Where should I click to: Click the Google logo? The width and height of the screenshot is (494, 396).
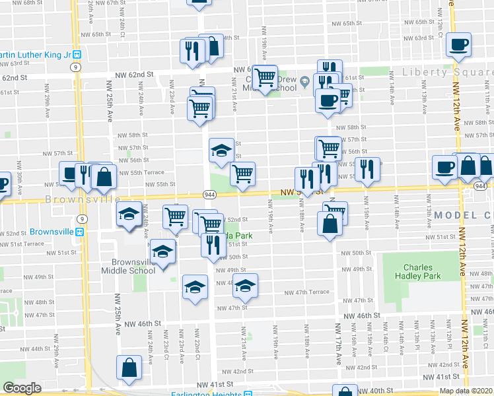22,389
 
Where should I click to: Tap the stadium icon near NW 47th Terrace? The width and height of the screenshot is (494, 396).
245,285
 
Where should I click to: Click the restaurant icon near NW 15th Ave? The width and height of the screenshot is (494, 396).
369,169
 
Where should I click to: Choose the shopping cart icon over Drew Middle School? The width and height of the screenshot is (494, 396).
265,77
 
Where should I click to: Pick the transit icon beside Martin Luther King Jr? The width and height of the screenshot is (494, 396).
77,54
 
